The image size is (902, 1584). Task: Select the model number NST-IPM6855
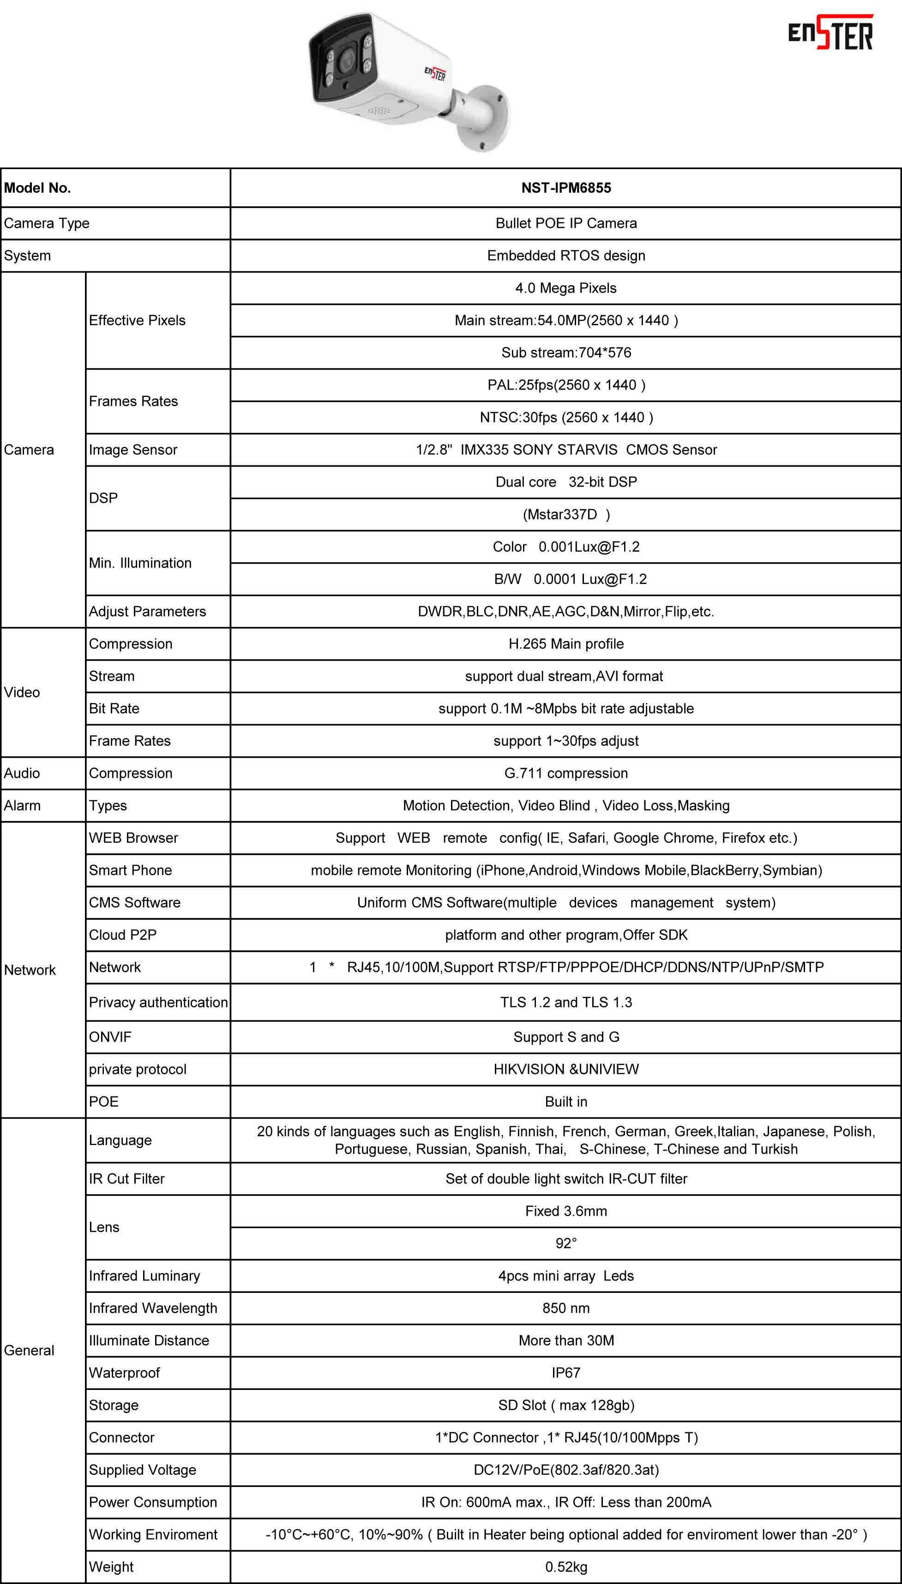tap(565, 188)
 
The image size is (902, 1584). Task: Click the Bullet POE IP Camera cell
tap(565, 223)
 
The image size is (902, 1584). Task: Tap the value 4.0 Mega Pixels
tap(565, 288)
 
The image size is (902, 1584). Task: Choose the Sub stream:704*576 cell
tap(565, 353)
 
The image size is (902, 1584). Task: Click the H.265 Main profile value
tap(565, 644)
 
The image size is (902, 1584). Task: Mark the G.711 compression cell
tap(565, 773)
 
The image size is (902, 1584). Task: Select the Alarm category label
tap(22, 805)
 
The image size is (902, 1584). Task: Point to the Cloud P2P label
tap(123, 935)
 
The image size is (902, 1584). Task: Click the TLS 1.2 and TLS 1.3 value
tap(565, 1003)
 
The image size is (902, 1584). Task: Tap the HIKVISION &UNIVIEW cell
tap(565, 1069)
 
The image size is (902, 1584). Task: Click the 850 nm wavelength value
tap(565, 1308)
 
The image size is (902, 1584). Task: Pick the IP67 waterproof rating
tap(565, 1372)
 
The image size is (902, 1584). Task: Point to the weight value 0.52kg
tap(565, 1566)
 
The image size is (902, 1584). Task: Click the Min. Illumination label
tap(140, 563)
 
